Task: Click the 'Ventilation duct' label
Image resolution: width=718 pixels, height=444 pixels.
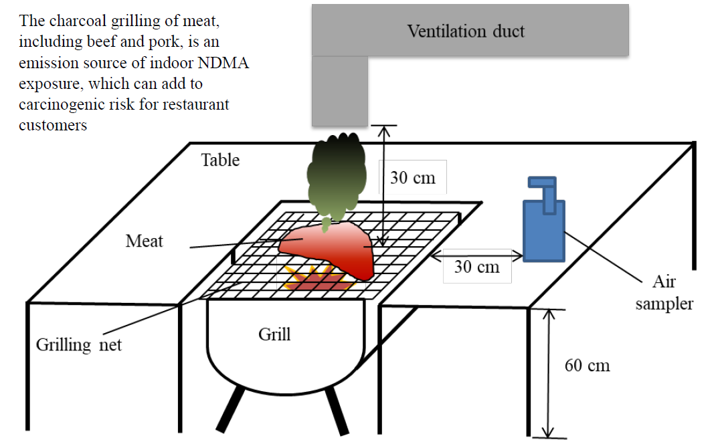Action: (x=466, y=31)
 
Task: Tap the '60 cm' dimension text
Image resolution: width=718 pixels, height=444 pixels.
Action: (x=587, y=366)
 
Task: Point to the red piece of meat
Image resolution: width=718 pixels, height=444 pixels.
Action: (x=328, y=247)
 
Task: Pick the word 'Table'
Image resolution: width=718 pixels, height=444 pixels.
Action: (x=220, y=160)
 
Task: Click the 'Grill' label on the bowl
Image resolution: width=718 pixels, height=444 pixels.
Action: (x=274, y=334)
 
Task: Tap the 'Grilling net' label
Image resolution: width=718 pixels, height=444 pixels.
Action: (x=79, y=345)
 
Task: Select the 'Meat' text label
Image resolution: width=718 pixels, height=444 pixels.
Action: (x=144, y=241)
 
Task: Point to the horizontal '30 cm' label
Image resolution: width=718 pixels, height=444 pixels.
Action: (x=476, y=266)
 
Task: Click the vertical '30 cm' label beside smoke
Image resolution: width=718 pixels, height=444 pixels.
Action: (x=412, y=178)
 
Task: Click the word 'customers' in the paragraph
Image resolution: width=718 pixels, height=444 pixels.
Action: (x=53, y=125)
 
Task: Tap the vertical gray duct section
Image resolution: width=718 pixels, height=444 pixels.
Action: (x=340, y=91)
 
